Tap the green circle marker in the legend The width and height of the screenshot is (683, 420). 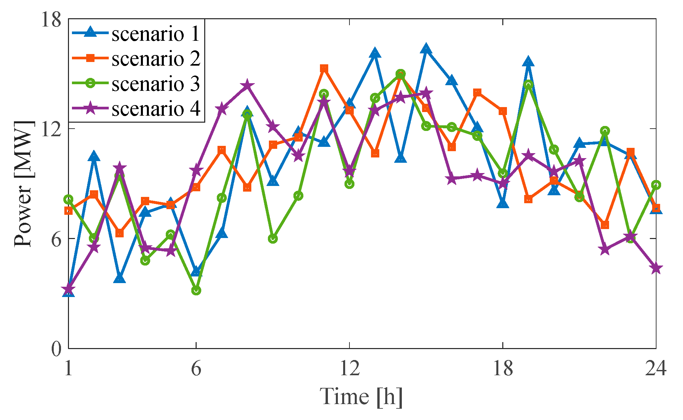pyautogui.click(x=90, y=83)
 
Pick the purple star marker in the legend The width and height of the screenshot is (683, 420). pyautogui.click(x=90, y=108)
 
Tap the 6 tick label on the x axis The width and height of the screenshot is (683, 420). pyautogui.click(x=196, y=368)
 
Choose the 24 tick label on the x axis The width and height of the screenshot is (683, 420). pyautogui.click(x=655, y=368)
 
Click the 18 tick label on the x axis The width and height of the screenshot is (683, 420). pyautogui.click(x=503, y=368)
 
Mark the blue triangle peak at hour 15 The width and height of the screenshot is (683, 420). pyautogui.click(x=426, y=49)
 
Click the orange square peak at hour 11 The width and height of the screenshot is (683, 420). pyautogui.click(x=324, y=69)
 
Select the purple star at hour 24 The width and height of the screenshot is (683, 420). pyautogui.click(x=656, y=268)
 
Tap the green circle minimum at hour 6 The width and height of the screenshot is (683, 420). pyautogui.click(x=196, y=290)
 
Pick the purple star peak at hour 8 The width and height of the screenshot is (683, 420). pyautogui.click(x=247, y=86)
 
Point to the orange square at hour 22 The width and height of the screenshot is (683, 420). pyautogui.click(x=605, y=225)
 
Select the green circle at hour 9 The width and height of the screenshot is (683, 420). pyautogui.click(x=273, y=239)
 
